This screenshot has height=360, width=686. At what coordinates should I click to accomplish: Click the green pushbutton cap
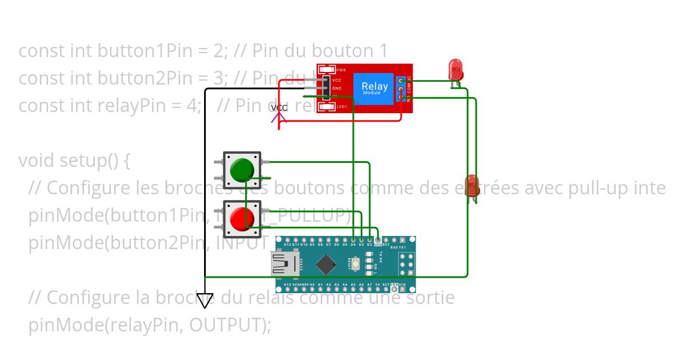[x=241, y=170]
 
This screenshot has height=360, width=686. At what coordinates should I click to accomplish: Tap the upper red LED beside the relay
[x=456, y=69]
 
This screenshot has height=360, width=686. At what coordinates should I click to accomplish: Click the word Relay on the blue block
[x=374, y=87]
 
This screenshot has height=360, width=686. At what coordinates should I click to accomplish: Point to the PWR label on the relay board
[x=341, y=70]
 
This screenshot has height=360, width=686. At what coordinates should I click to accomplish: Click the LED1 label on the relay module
[x=342, y=107]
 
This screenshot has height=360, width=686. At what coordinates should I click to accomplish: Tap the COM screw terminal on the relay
[x=402, y=90]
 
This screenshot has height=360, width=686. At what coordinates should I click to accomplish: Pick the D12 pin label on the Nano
[x=288, y=245]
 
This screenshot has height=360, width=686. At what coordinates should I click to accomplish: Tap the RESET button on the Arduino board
[x=356, y=263]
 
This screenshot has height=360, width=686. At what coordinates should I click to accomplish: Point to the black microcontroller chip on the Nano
[x=326, y=263]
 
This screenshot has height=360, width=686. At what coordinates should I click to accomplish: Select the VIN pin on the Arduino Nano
[x=402, y=284]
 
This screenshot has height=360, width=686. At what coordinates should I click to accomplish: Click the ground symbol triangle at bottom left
[x=205, y=300]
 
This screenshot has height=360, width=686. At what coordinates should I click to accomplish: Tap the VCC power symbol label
[x=279, y=108]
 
